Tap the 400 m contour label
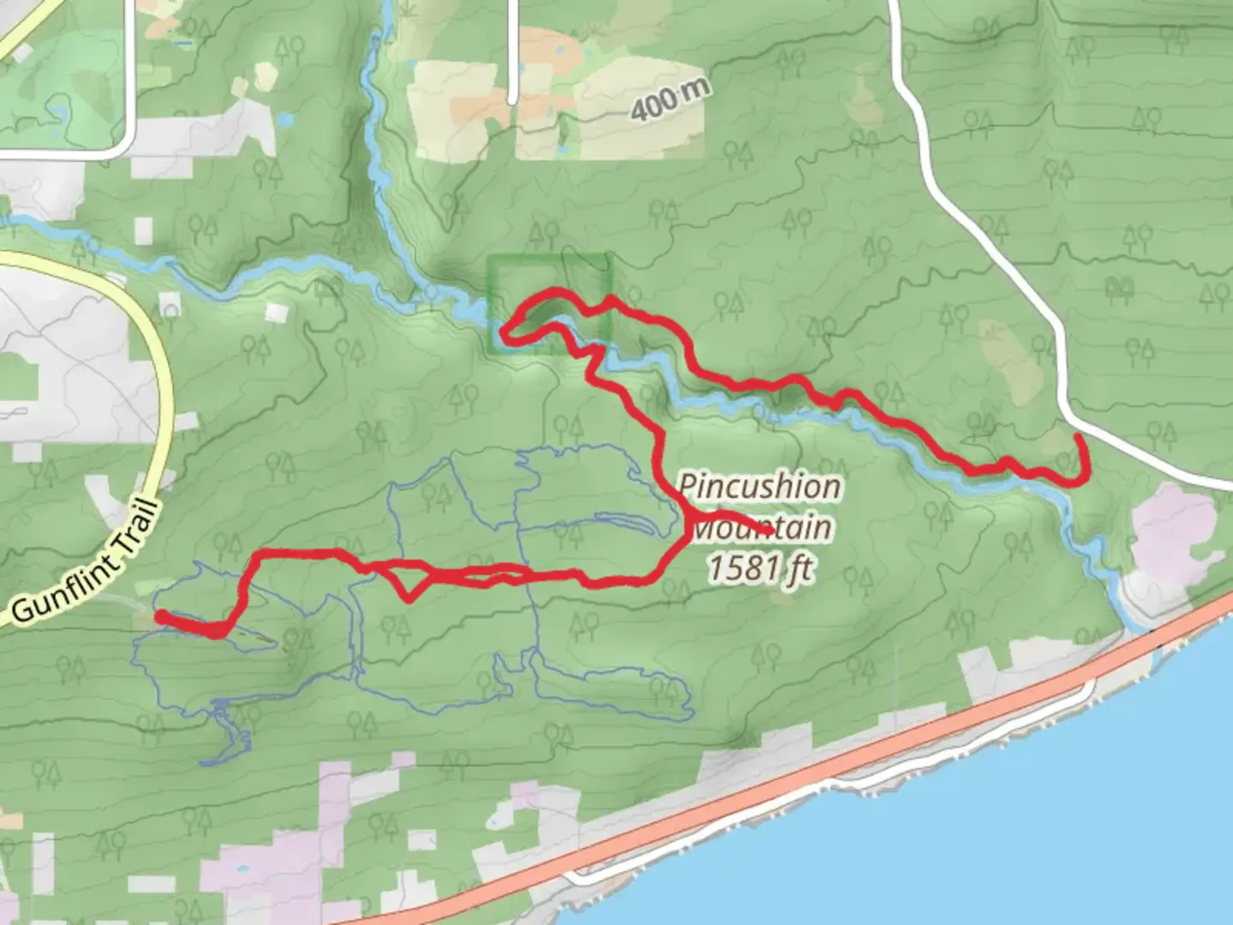click(x=670, y=100)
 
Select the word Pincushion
click(x=759, y=486)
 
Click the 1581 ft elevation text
click(x=760, y=567)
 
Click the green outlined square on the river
click(x=549, y=302)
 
